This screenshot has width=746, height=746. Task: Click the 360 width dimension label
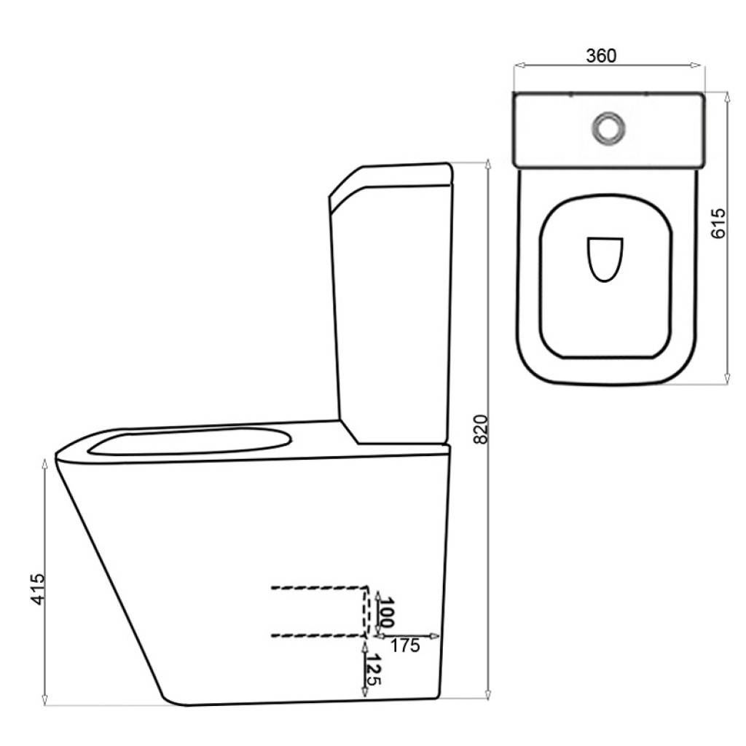click(x=601, y=55)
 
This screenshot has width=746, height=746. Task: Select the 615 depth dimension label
click(x=718, y=223)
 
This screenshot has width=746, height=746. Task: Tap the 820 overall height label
click(x=481, y=430)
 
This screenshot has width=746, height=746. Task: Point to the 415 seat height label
click(x=38, y=589)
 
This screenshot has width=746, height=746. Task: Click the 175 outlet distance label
click(x=405, y=645)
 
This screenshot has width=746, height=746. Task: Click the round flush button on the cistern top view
click(x=608, y=127)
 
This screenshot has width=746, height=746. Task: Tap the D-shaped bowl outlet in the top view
click(x=605, y=259)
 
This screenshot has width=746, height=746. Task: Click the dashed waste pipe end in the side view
click(x=366, y=611)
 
